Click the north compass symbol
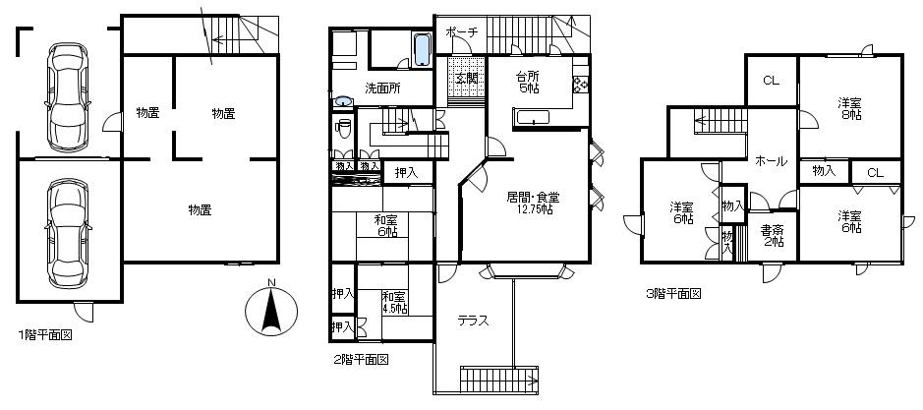tap(271, 308)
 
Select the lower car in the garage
tap(65, 228)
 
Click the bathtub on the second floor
tap(421, 49)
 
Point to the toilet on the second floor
tap(344, 129)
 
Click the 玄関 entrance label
tap(467, 78)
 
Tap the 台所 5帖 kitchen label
tap(528, 82)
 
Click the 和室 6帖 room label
tap(385, 225)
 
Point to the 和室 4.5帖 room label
tap(393, 302)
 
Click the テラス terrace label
tap(473, 321)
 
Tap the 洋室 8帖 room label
tap(850, 108)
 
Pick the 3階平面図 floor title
tap(672, 293)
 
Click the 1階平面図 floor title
tap(44, 335)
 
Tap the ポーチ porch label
tap(461, 32)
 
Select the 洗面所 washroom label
tap(381, 88)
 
